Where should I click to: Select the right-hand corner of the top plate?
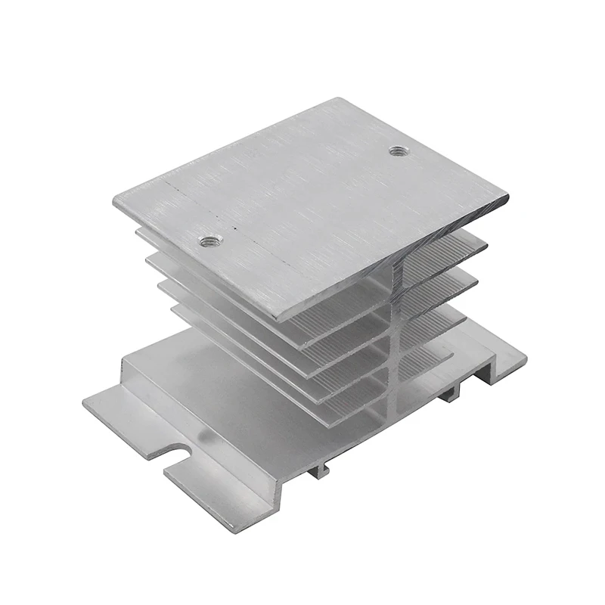pyautogui.click(x=507, y=198)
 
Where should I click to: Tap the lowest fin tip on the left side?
pyautogui.click(x=175, y=310)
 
